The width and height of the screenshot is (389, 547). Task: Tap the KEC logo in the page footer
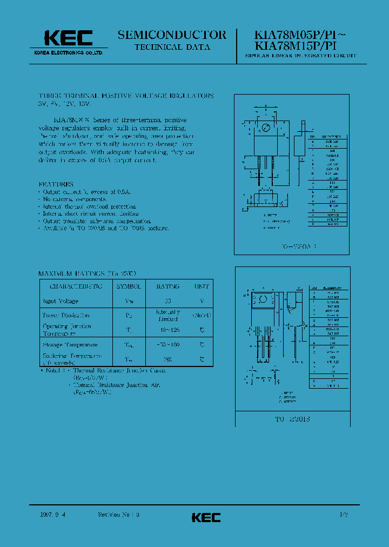coord(206,517)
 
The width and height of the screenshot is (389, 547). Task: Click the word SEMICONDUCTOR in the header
coord(172,35)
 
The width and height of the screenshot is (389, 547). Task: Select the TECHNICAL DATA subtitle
coord(172,48)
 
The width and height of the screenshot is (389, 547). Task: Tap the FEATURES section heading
coord(56,184)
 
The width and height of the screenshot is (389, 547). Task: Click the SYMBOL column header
coord(128,286)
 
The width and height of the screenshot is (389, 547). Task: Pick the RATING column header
coord(167,286)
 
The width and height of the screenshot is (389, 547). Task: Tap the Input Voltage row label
coord(61,301)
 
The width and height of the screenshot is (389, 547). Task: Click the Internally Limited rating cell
coord(167,316)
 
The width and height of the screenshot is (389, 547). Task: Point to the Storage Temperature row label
coord(70,344)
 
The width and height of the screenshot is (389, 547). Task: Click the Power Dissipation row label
coord(66,315)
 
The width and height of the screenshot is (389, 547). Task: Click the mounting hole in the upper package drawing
coord(265,128)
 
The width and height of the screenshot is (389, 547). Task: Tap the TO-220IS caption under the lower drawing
coord(292,419)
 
